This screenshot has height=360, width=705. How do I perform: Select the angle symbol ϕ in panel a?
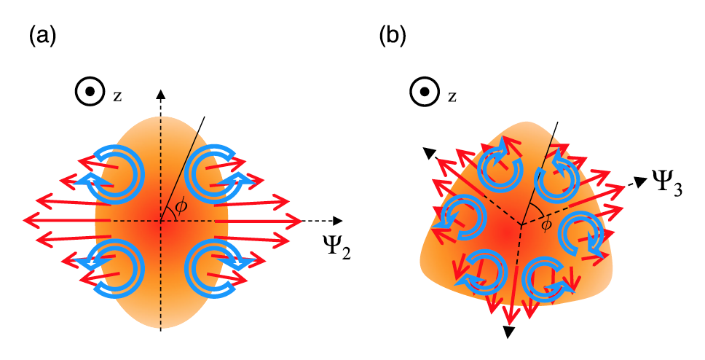(x=181, y=207)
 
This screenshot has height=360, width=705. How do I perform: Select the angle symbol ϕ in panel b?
(x=544, y=225)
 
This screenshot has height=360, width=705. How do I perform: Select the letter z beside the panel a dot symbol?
(x=117, y=95)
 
